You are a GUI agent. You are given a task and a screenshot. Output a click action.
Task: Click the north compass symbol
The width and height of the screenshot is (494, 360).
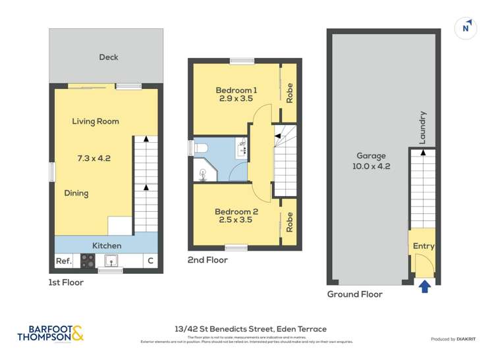point(466,28)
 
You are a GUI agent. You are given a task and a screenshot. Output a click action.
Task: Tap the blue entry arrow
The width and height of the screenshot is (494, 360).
point(425,286)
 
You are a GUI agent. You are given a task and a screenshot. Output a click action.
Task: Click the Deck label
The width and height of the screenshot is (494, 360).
point(109,57)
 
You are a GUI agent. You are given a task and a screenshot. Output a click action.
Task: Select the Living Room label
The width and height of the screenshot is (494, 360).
point(96,121)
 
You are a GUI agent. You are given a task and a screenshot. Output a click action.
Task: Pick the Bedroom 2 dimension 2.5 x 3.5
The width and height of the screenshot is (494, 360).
point(234,221)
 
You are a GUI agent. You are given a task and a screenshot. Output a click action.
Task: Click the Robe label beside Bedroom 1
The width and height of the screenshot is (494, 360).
point(289,91)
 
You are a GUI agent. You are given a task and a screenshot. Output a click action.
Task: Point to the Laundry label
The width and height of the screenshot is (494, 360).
point(423,128)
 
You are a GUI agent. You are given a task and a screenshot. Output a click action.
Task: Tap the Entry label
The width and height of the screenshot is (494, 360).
point(423,246)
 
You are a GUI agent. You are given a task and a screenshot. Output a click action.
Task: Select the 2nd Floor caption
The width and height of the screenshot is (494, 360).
point(207,260)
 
